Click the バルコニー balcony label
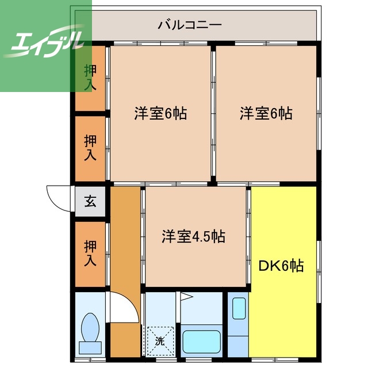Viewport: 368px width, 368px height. (x=189, y=25)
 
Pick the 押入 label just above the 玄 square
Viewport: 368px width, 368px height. (x=90, y=148)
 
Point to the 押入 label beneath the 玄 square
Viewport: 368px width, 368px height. (x=90, y=254)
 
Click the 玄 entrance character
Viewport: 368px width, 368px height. (x=91, y=201)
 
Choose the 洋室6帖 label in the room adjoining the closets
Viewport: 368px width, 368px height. (x=160, y=113)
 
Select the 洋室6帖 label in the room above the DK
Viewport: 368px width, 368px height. (x=266, y=113)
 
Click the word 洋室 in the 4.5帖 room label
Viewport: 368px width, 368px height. (x=175, y=236)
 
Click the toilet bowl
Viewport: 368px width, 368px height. (x=90, y=328)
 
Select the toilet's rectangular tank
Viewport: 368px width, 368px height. (x=90, y=347)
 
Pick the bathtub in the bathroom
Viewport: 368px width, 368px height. (x=201, y=343)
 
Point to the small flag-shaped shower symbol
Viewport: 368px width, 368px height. (x=186, y=297)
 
